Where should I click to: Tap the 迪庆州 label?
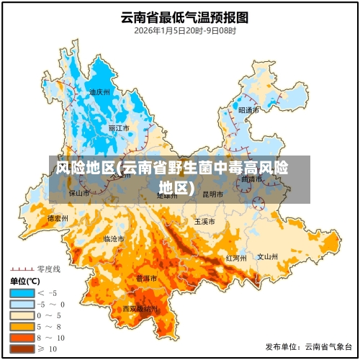click(99, 92)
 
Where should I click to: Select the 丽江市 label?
click(119, 128)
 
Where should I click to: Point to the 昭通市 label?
click(248, 110)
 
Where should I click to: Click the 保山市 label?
click(79, 193)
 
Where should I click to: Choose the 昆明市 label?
click(212, 194)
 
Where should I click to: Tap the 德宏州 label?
click(58, 217)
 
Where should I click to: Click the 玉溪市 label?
click(204, 221)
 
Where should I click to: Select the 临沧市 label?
click(114, 238)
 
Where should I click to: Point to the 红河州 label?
click(236, 257)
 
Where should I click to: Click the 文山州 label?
click(268, 256)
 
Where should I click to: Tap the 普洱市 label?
click(147, 278)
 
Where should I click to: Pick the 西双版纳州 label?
click(140, 308)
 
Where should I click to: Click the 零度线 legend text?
click(48, 268)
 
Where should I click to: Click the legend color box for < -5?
click(22, 292)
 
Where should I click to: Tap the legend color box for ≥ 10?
click(22, 348)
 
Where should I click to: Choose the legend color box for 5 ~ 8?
click(22, 326)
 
